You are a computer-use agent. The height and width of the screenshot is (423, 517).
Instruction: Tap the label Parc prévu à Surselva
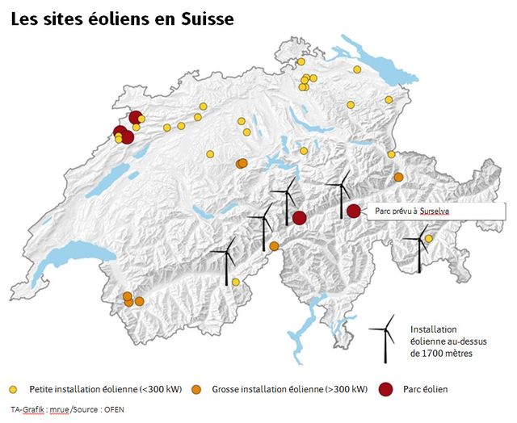[x=412, y=211]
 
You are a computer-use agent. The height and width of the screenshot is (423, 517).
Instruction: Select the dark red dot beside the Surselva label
[x=353, y=211]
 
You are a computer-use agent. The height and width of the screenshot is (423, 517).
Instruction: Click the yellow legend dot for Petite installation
[x=14, y=389]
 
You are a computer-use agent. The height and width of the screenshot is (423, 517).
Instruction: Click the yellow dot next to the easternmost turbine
[x=429, y=238]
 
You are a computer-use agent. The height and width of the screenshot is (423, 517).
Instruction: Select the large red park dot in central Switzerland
[x=299, y=217]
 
